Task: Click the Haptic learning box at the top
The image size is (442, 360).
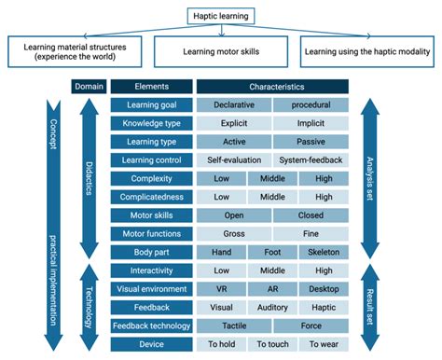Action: coord(222,16)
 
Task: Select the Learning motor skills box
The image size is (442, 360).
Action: coord(222,51)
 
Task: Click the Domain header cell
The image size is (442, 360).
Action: coord(89,88)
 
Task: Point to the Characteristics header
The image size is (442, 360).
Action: coord(272,88)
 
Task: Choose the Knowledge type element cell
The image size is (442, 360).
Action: coord(151,123)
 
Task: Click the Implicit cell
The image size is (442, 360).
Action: coord(311,123)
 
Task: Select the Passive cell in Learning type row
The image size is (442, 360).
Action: coord(311,142)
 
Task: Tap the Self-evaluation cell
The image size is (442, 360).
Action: coord(234,160)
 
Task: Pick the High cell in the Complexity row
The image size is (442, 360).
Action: coord(324,178)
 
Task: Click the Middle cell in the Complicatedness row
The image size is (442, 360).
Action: coord(272,197)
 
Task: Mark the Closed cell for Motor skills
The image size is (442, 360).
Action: coord(311,215)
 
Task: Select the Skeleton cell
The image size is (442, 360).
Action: coord(324,253)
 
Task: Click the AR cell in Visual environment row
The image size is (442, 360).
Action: coord(272,289)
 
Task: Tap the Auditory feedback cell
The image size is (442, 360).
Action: coord(272,308)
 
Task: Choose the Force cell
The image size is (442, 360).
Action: coord(311,325)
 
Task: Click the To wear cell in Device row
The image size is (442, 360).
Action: coord(324,344)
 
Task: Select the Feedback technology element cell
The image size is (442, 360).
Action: coord(151,325)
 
